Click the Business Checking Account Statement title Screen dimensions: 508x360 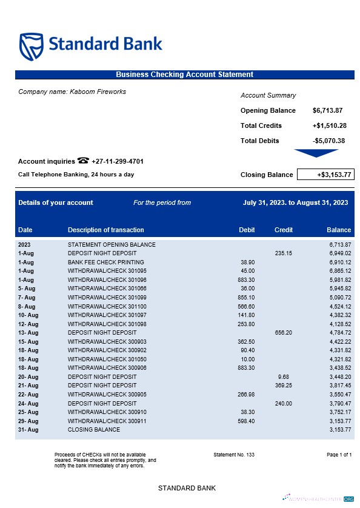coord(184,75)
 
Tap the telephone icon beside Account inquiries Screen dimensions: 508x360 coord(83,161)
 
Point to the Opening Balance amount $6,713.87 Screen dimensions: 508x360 coord(327,110)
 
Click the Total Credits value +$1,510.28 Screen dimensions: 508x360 coord(329,125)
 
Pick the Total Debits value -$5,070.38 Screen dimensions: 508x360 coord(328,141)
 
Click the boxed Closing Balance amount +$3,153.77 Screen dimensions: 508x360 coord(325,175)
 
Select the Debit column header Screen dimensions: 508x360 coord(247,230)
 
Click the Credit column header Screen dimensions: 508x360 coord(284,230)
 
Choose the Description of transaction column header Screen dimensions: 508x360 coord(105,230)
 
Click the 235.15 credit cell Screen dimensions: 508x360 coord(283,253)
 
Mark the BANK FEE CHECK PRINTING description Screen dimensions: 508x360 coord(102,261)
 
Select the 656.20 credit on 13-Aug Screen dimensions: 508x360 coord(283,333)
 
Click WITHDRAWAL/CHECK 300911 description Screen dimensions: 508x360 coord(107,421)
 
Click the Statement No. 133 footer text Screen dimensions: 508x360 coord(234,454)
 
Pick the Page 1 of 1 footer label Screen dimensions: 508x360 coord(339,454)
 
